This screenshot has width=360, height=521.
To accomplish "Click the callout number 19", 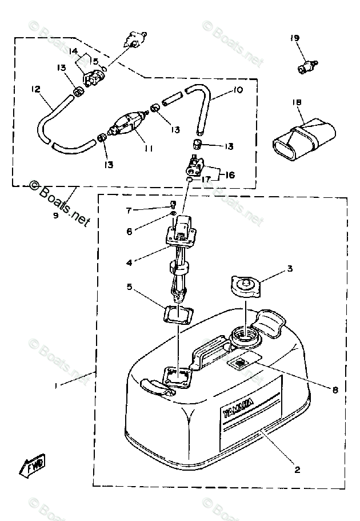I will [294, 38].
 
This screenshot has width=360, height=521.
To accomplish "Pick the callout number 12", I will [35, 89].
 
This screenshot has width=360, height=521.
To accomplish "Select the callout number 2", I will [297, 471].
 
